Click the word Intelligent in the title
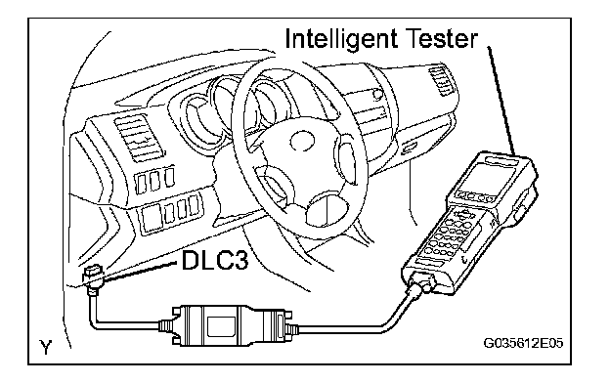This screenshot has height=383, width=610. [341, 39]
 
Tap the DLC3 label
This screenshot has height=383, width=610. [215, 260]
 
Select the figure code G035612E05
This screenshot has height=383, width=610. [523, 343]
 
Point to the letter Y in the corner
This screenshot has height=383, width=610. [46, 347]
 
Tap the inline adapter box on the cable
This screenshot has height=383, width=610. [228, 325]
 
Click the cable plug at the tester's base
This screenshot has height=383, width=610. [419, 285]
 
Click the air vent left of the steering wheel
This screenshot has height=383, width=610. [135, 137]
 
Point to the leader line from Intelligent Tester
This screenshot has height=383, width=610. [501, 101]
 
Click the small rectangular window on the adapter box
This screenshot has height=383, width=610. [221, 325]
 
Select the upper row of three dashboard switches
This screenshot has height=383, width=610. [154, 180]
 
